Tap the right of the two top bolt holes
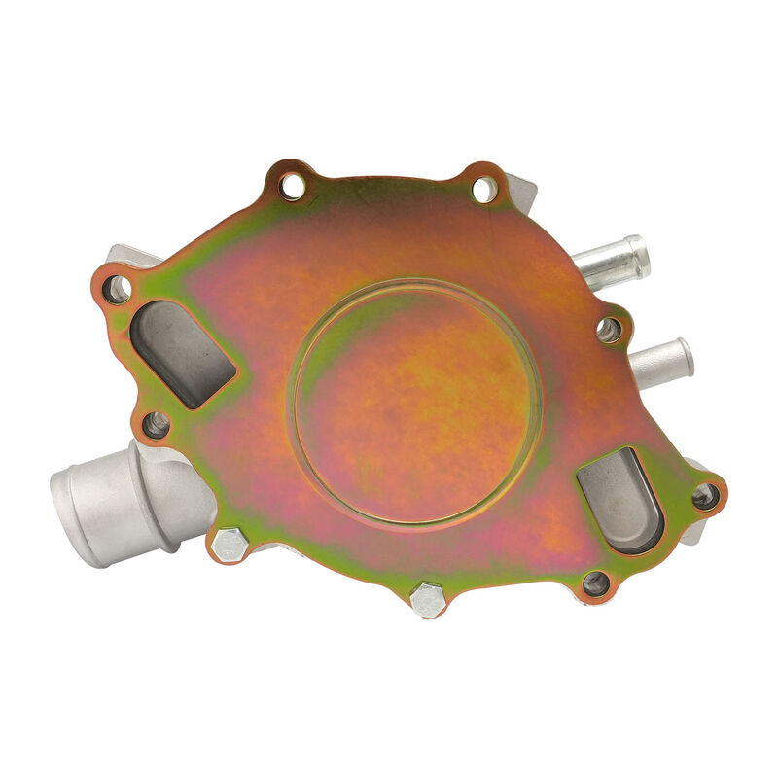483,188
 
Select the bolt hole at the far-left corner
117,288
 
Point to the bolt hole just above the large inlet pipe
156,424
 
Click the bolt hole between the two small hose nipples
610,330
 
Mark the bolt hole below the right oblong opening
595,583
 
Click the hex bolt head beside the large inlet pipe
229,545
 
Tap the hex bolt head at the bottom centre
427,600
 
